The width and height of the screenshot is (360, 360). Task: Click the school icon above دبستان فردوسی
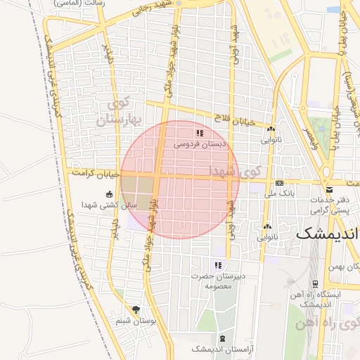200,133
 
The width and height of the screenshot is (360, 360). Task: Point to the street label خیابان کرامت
93,171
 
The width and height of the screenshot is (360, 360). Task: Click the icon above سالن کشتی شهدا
108,194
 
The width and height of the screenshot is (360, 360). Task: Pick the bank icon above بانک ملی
279,181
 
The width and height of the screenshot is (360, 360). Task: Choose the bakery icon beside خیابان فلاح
271,129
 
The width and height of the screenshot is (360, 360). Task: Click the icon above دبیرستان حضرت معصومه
218,265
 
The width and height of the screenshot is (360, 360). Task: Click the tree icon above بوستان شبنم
136,309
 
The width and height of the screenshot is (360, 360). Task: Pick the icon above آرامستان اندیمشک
222,338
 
